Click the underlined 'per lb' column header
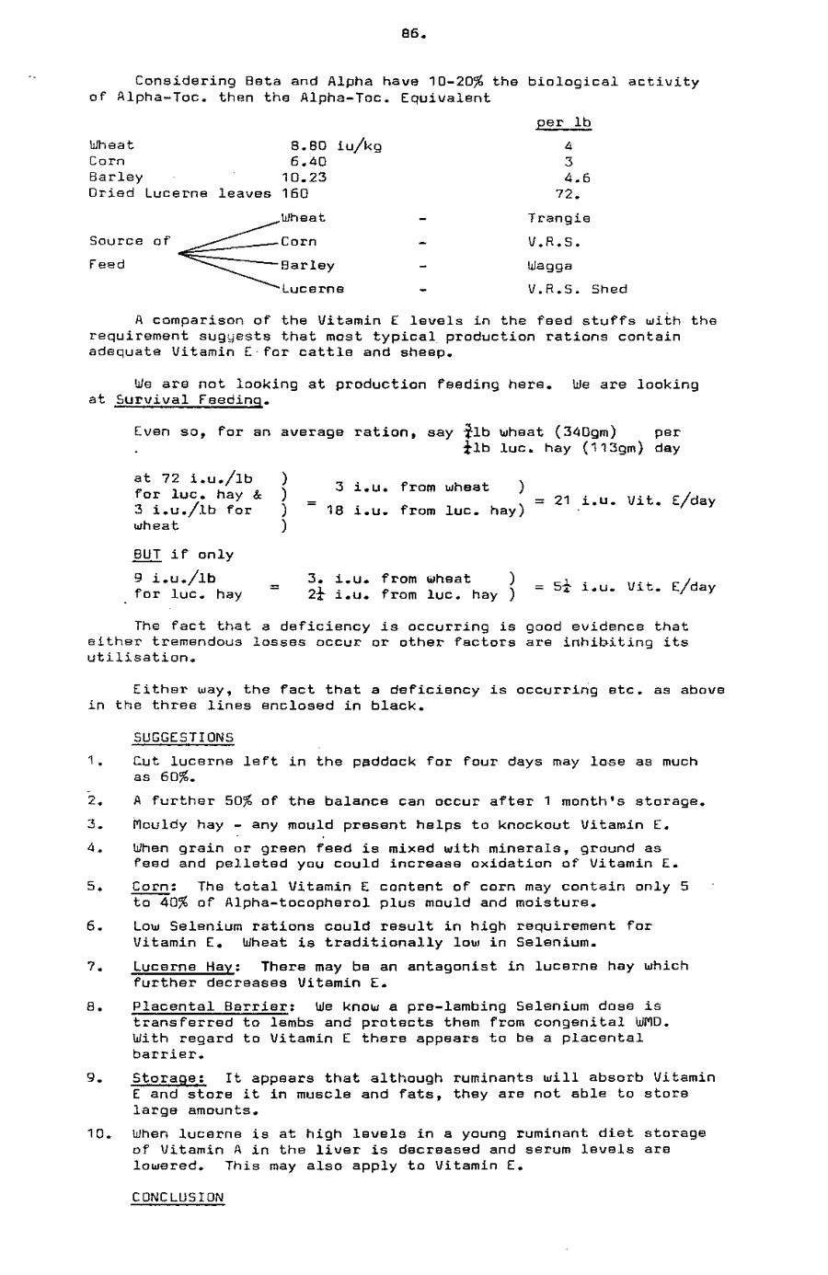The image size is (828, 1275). tap(563, 122)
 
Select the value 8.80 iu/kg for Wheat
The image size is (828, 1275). tap(336, 145)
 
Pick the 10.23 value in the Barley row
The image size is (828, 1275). tap(304, 178)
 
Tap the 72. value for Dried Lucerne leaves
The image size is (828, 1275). tap(568, 193)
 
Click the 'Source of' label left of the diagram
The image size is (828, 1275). tap(130, 241)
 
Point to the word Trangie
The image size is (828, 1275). tap(558, 218)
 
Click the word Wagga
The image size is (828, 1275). tap(549, 265)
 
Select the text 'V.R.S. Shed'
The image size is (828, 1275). tap(577, 289)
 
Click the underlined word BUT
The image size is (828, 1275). tap(147, 555)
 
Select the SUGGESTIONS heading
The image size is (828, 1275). tap(183, 738)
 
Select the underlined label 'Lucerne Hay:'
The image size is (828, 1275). tap(187, 967)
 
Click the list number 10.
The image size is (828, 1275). tap(98, 1133)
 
